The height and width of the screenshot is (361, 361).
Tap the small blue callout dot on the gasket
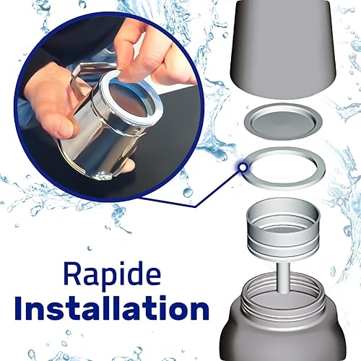click(x=243, y=167)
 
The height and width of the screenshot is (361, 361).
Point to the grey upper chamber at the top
click(x=283, y=48)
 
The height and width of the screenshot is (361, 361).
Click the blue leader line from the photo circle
click(x=193, y=190)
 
